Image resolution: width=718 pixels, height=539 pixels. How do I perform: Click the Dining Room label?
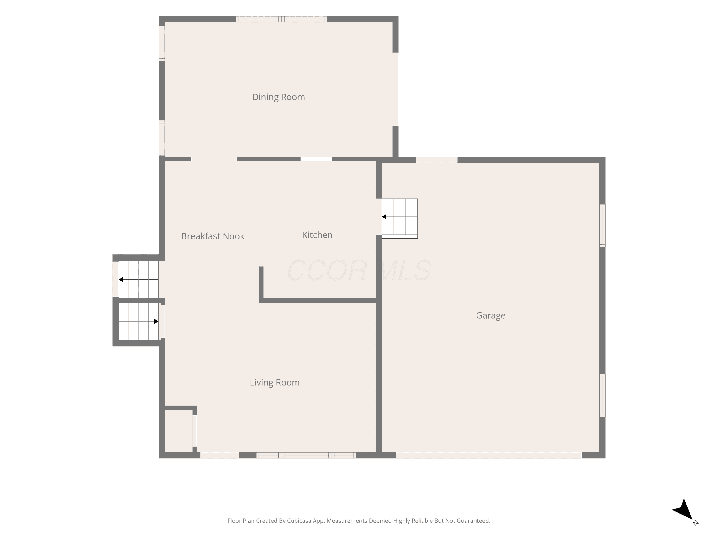279,97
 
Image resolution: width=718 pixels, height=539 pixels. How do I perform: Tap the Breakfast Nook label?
213,236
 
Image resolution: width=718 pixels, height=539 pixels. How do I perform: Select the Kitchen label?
317,235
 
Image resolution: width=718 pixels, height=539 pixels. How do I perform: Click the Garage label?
490,315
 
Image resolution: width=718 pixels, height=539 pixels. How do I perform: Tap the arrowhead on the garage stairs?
384,217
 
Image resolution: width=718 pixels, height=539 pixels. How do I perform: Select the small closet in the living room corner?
179,431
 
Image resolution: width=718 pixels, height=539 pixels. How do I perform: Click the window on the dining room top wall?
281,19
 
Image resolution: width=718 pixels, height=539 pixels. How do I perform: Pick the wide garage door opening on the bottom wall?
488,455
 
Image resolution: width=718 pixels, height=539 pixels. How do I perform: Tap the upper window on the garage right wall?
602,226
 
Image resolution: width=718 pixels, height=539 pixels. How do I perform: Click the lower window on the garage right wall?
602,396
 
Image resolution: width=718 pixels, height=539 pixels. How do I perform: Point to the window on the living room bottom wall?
306,455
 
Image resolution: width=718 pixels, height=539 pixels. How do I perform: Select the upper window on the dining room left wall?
162,44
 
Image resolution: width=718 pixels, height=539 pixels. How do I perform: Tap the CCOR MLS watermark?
359,270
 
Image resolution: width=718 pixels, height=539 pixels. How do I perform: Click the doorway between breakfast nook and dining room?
214,159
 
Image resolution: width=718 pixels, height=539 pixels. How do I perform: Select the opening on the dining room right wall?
395,89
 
